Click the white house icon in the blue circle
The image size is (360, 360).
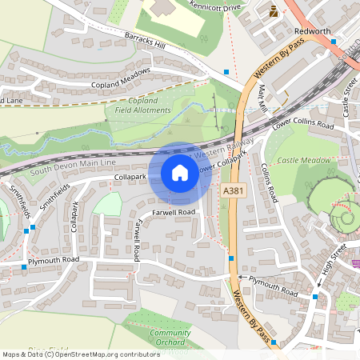tap(179, 173)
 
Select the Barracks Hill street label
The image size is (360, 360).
tap(146, 42)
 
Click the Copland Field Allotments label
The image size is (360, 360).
tap(142, 105)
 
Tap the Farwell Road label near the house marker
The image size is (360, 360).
tap(174, 212)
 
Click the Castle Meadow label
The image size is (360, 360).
tap(304, 161)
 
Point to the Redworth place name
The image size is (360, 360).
tap(312, 30)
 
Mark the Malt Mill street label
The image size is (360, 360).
tap(262, 97)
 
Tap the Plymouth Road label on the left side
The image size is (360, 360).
tap(54, 260)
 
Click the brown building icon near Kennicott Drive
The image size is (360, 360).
tap(274, 11)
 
